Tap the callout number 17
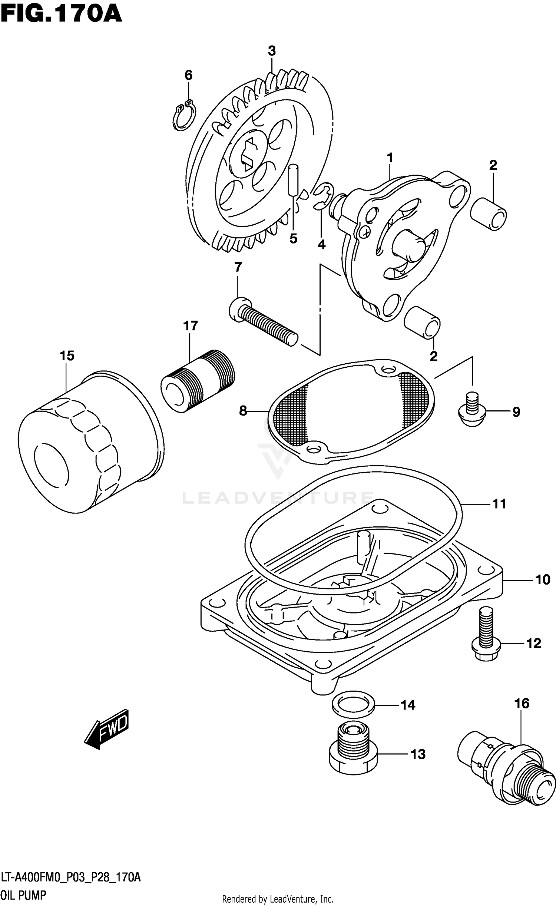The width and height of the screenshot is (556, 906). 191,326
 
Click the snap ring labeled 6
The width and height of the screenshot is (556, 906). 184,116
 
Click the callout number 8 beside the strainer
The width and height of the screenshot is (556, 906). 243,411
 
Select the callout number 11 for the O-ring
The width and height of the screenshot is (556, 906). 499,504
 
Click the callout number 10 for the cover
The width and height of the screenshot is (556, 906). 543,579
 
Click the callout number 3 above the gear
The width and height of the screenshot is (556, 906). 272,51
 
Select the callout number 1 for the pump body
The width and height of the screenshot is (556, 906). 390,158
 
